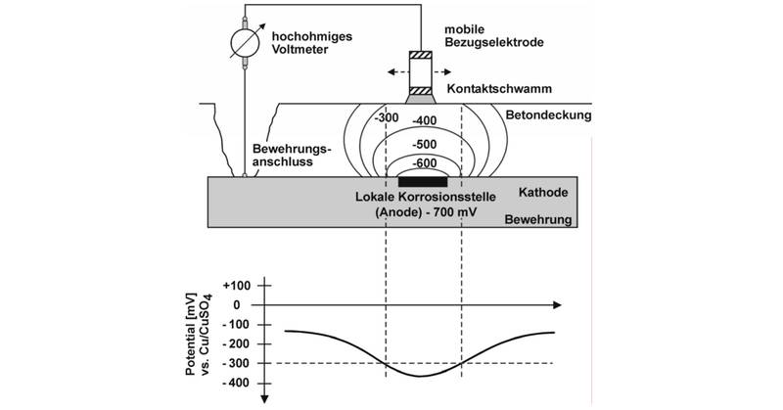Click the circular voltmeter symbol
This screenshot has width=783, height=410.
(245, 43)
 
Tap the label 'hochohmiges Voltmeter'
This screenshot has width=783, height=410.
(311, 43)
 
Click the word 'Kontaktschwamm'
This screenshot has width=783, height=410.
(499, 89)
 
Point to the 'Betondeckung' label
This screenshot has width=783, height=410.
(548, 115)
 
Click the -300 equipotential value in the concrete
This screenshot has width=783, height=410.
(387, 117)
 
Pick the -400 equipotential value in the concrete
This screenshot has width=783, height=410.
(424, 121)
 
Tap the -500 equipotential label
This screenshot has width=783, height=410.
(424, 145)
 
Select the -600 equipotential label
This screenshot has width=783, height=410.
(424, 163)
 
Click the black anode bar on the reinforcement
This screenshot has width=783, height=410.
(422, 182)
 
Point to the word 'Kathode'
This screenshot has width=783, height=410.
(543, 193)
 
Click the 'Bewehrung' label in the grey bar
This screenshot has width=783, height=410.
(538, 220)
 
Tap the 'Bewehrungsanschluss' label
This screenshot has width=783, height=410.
(292, 156)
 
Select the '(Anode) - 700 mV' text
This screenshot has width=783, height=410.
(426, 212)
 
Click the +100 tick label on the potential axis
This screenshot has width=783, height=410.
(237, 286)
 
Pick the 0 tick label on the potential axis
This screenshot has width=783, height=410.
(237, 305)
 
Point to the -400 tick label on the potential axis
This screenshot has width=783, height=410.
(237, 383)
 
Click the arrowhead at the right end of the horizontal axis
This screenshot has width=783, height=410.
(556, 305)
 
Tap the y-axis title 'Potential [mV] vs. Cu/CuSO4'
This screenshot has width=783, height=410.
(199, 335)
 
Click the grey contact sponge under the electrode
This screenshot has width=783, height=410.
(421, 100)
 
